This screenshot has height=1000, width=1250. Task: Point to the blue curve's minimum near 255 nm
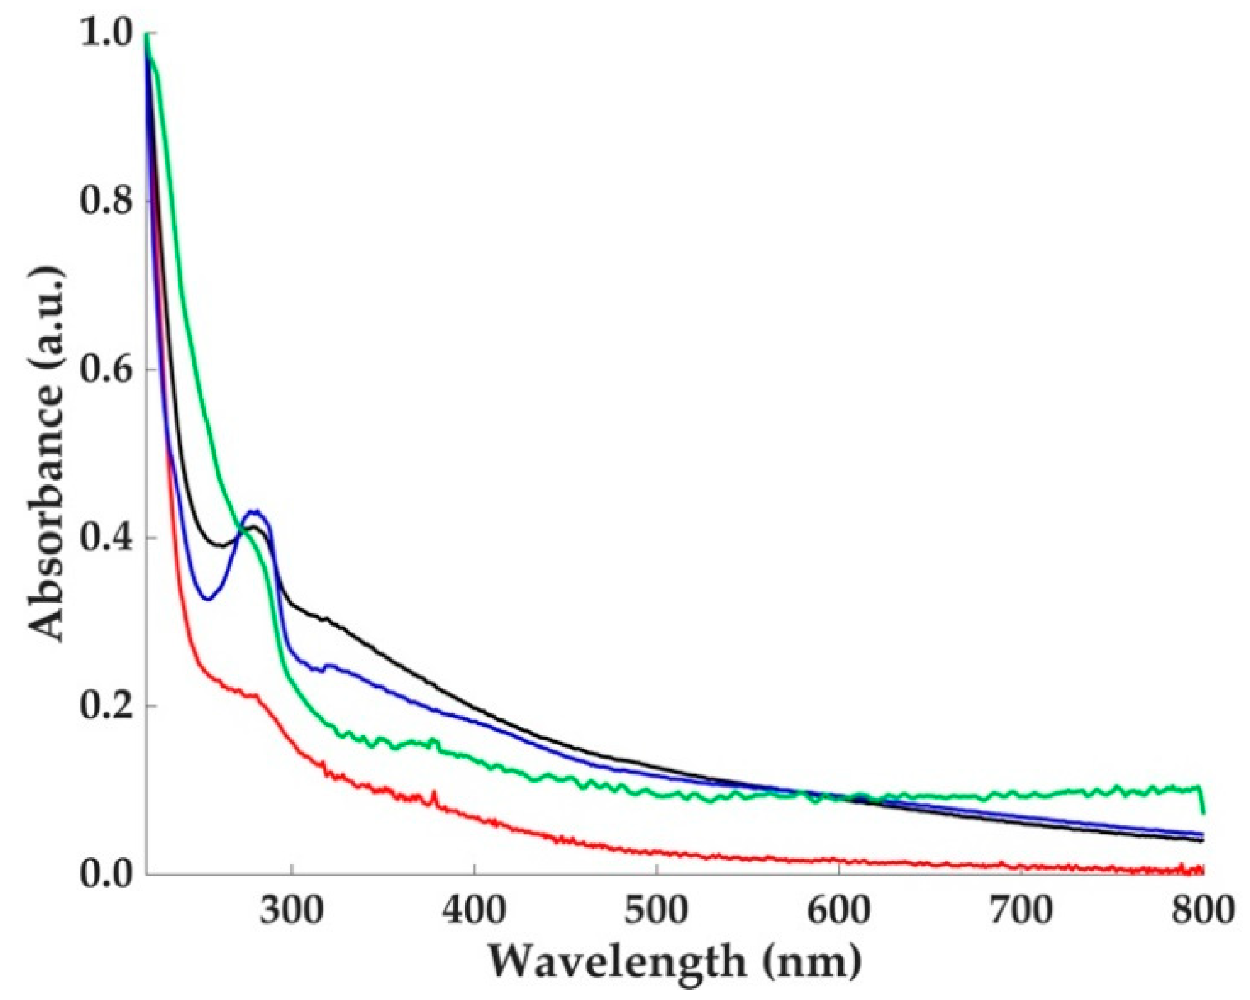point(208,599)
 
